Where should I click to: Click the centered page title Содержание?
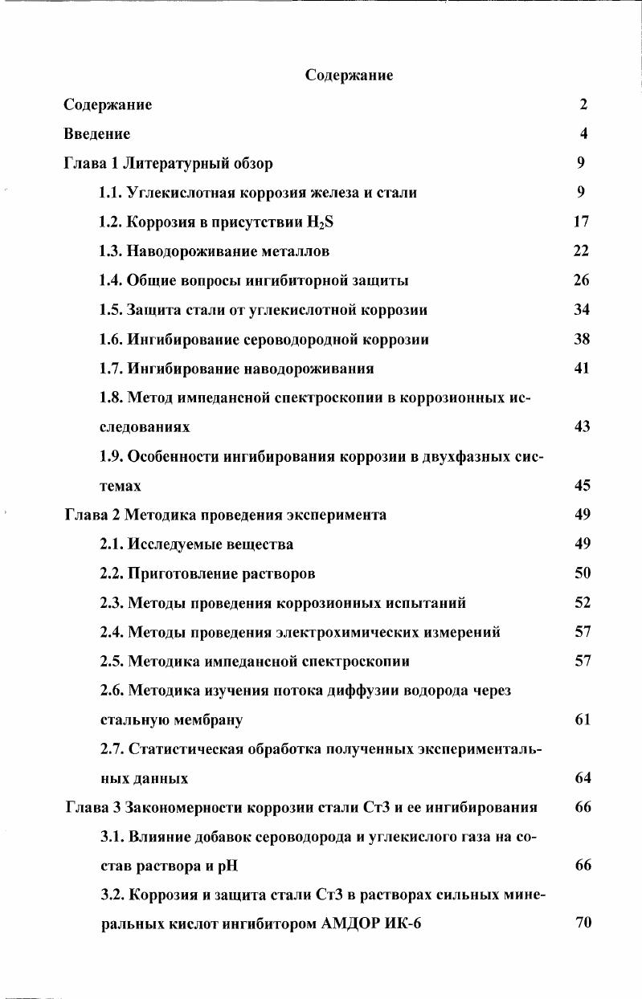[x=349, y=75]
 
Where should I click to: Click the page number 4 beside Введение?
[x=584, y=134]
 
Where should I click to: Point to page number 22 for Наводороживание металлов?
[x=582, y=251]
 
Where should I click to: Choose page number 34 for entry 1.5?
[x=583, y=310]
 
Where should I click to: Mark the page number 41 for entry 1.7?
[x=583, y=369]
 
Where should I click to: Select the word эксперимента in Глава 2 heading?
[x=338, y=515]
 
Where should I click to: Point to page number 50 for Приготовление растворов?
[x=583, y=573]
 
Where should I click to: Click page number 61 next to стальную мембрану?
[x=583, y=720]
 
